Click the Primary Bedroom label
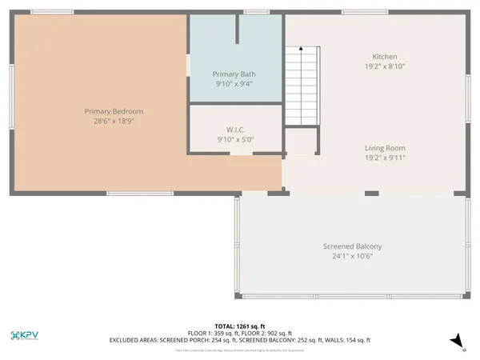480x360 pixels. pyautogui.click(x=119, y=111)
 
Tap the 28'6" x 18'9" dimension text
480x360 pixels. pyautogui.click(x=119, y=122)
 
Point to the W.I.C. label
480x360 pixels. pyautogui.click(x=235, y=129)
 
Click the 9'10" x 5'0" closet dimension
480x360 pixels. pyautogui.click(x=235, y=139)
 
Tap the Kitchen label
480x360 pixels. pyautogui.click(x=385, y=57)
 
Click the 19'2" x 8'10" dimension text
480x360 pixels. pyautogui.click(x=385, y=67)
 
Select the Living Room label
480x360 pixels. pyautogui.click(x=385, y=148)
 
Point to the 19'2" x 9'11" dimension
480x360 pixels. pyautogui.click(x=385, y=158)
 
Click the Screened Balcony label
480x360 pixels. pyautogui.click(x=352, y=246)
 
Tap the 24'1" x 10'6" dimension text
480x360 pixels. pyautogui.click(x=352, y=256)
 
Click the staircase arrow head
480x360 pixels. pyautogui.click(x=301, y=50)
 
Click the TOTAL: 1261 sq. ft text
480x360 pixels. pyautogui.click(x=240, y=326)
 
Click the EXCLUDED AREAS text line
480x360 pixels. pyautogui.click(x=240, y=340)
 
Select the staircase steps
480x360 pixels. pyautogui.click(x=302, y=88)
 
